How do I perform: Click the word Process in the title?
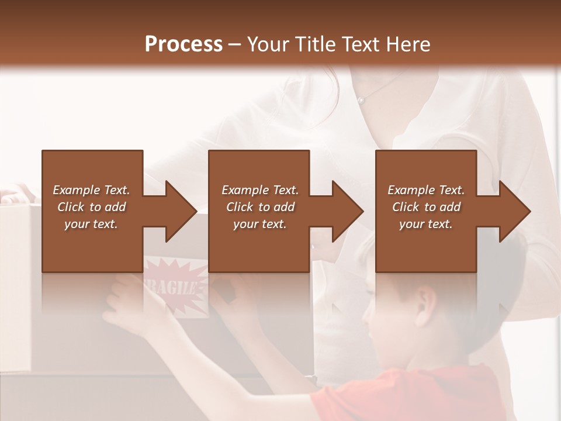[183, 44]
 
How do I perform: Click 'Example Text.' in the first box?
[91, 190]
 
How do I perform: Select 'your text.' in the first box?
[91, 224]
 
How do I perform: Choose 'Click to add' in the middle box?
[260, 207]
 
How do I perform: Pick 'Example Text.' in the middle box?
[260, 190]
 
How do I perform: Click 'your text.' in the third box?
[426, 224]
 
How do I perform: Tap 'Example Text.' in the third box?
[426, 190]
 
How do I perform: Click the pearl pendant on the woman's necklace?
[361, 100]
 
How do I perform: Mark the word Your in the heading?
[268, 44]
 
